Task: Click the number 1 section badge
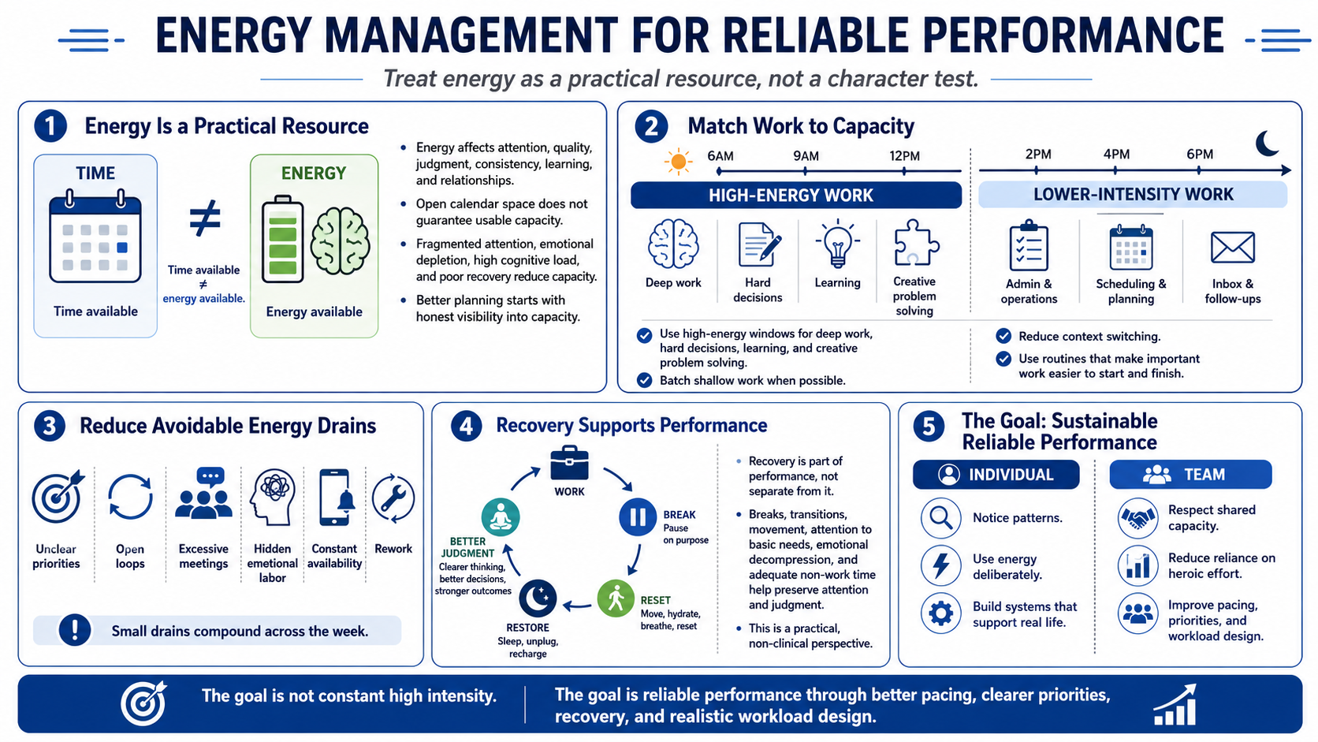pyautogui.click(x=50, y=126)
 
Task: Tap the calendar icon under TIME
pyautogui.click(x=95, y=236)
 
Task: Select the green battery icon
pyautogui.click(x=282, y=239)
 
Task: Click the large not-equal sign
pyautogui.click(x=205, y=218)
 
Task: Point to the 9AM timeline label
pyautogui.click(x=806, y=156)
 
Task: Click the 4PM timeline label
pyautogui.click(x=1116, y=155)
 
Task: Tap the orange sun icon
pyautogui.click(x=678, y=161)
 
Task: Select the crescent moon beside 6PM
pyautogui.click(x=1267, y=143)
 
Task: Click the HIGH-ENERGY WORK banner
pyautogui.click(x=796, y=196)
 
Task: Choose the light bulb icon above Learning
pyautogui.click(x=837, y=244)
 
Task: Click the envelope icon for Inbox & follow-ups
pyautogui.click(x=1233, y=247)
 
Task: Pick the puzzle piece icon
pyautogui.click(x=916, y=242)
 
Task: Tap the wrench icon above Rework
pyautogui.click(x=393, y=498)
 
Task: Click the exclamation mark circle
pyautogui.click(x=75, y=629)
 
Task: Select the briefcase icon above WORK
pyautogui.click(x=569, y=463)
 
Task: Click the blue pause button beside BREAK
pyautogui.click(x=637, y=517)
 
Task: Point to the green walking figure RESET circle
pyautogui.click(x=616, y=598)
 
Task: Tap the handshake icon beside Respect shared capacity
pyautogui.click(x=1137, y=518)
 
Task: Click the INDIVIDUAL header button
pyautogui.click(x=996, y=474)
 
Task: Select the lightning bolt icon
pyautogui.click(x=941, y=565)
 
